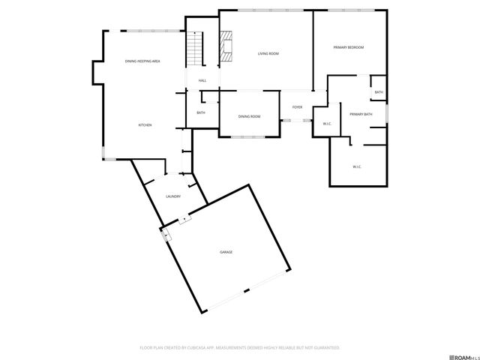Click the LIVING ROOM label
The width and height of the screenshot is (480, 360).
tap(268, 54)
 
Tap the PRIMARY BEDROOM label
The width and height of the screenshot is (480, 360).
tap(349, 47)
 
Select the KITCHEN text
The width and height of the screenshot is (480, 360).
tap(145, 124)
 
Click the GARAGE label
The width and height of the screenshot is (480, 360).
tap(226, 252)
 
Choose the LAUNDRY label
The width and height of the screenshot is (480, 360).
tap(173, 196)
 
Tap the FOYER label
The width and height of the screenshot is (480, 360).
tap(297, 107)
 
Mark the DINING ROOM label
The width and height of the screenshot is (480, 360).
tap(249, 116)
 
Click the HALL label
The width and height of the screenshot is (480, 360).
tap(202, 81)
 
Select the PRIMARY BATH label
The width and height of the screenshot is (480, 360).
tap(361, 114)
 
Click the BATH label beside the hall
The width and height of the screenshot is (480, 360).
tap(201, 112)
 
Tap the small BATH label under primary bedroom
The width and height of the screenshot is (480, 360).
tap(379, 92)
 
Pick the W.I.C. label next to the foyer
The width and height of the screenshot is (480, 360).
tap(327, 124)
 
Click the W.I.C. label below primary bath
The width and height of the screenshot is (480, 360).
tap(357, 166)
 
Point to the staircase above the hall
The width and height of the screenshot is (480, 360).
tap(196, 50)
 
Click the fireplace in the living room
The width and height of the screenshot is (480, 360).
tap(226, 46)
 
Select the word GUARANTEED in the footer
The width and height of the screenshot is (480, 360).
tap(325, 348)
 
